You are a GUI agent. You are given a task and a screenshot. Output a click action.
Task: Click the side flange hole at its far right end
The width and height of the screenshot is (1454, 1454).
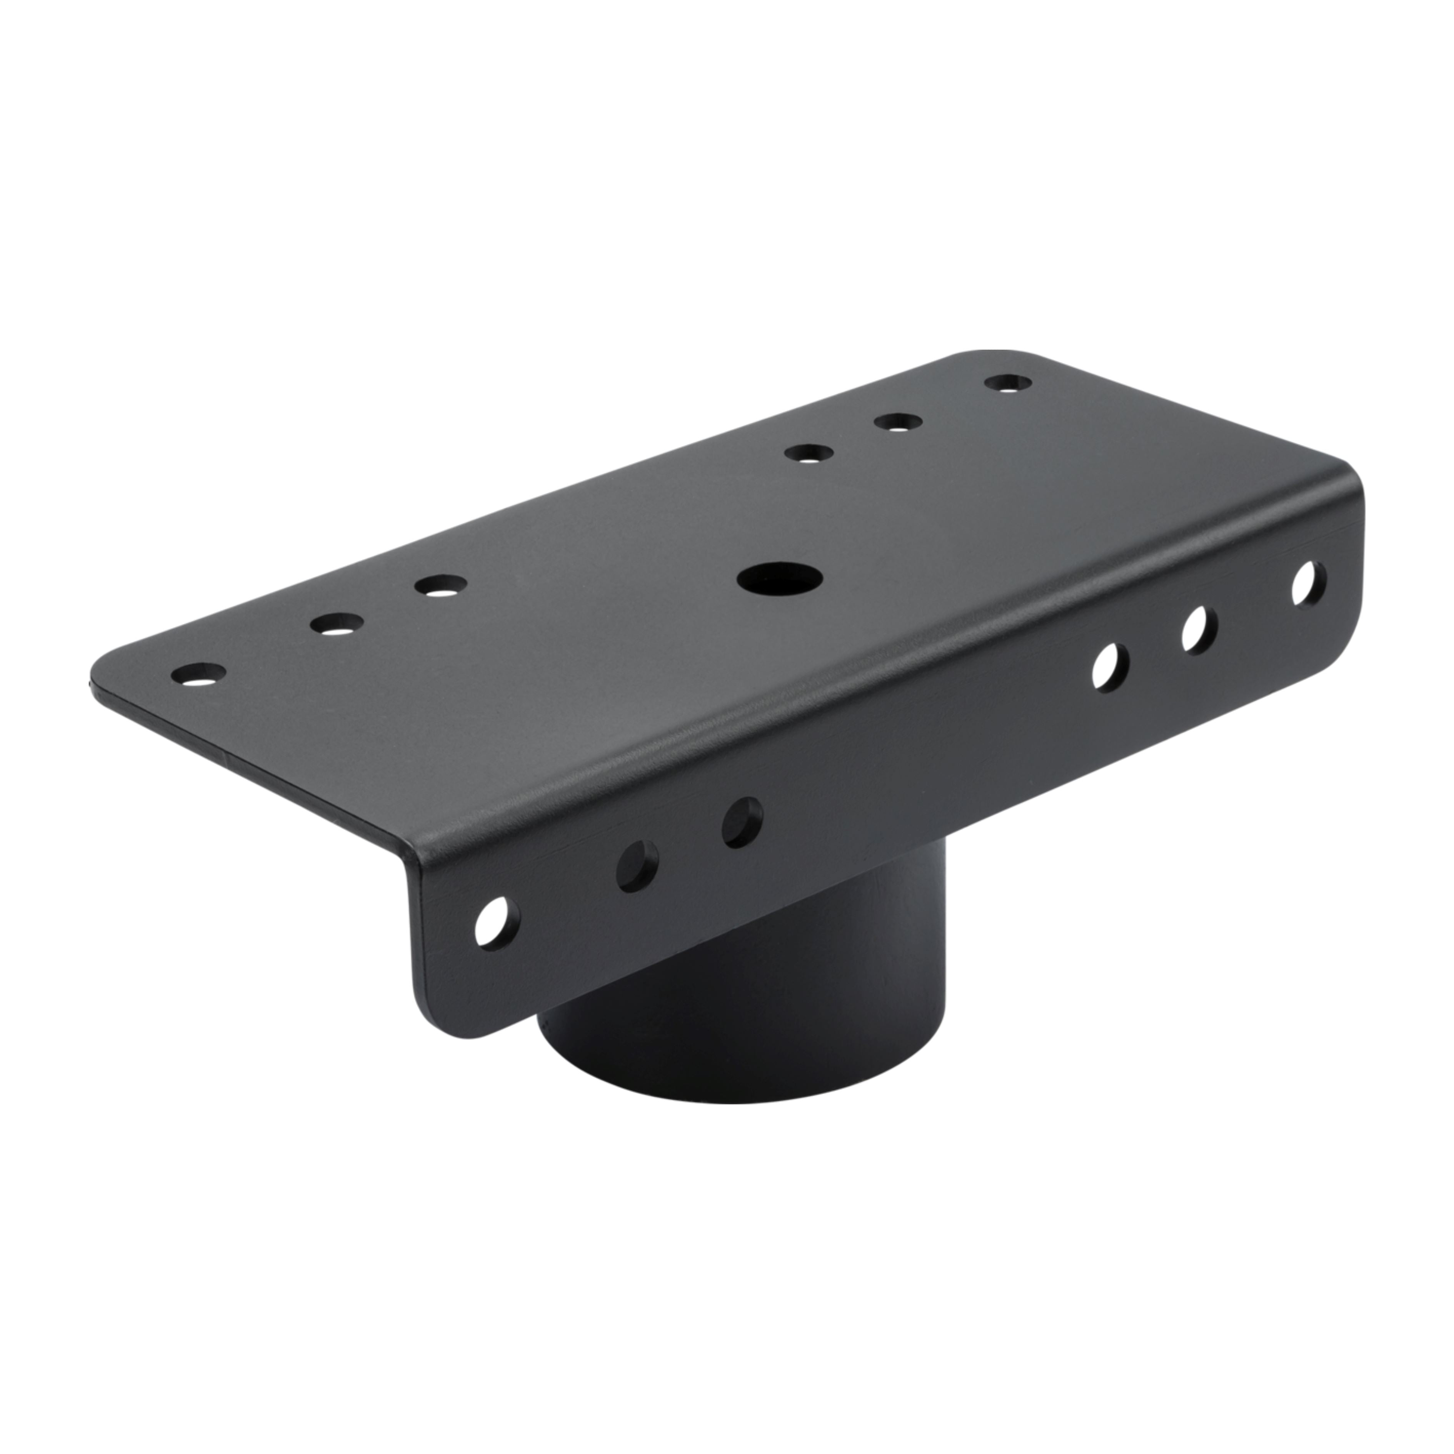click(1309, 583)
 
